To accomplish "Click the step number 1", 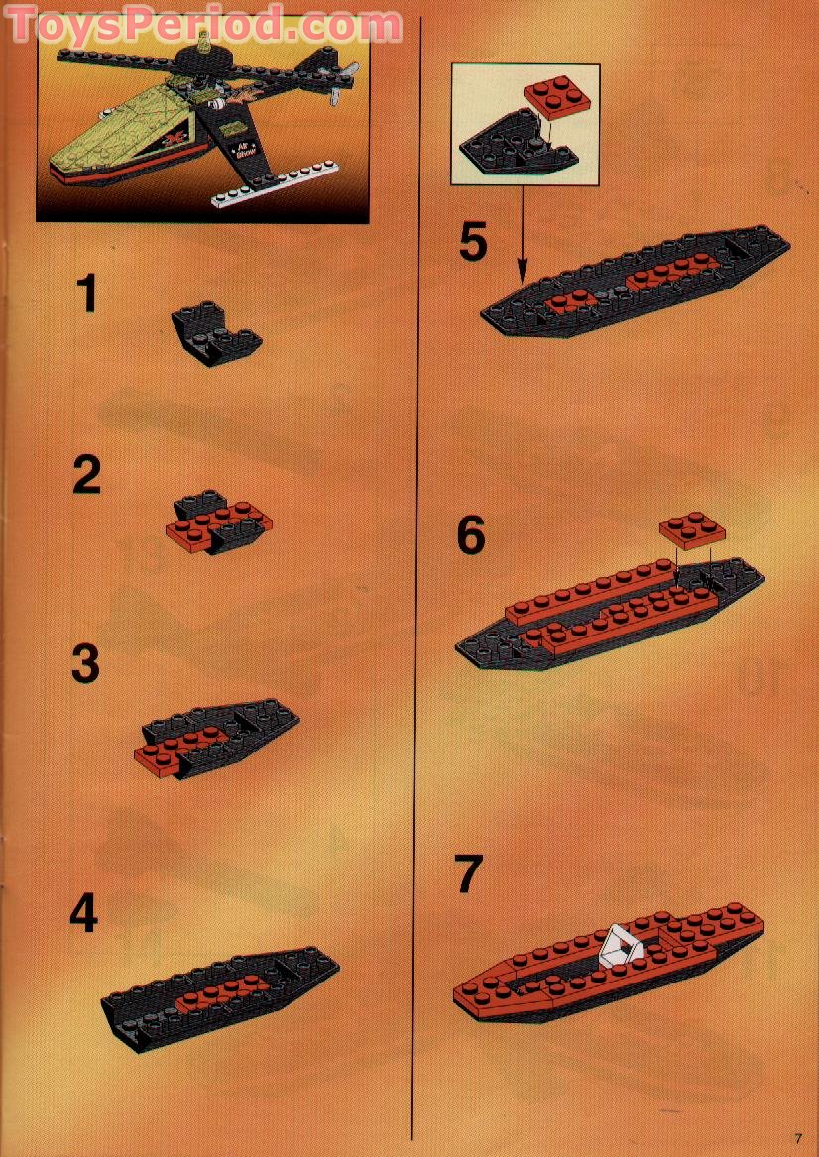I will coord(88,294).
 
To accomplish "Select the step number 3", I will coord(86,663).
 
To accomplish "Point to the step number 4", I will coord(84,913).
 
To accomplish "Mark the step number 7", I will coord(468,873).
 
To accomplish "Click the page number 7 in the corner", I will coord(796,1137).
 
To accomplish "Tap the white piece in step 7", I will coord(621,945).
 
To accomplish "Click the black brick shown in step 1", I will coord(216,334).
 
